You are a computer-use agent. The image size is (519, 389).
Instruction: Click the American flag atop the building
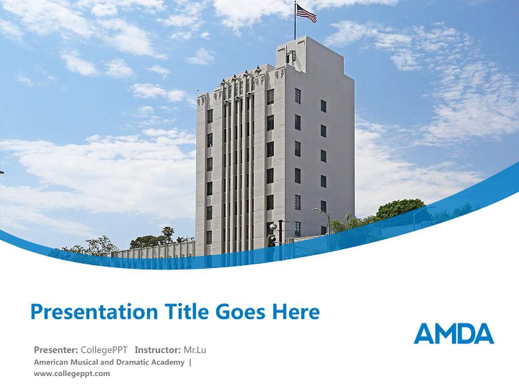click(x=306, y=12)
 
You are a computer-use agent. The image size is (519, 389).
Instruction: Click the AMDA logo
click(x=454, y=334)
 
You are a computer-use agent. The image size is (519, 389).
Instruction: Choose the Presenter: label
click(x=56, y=350)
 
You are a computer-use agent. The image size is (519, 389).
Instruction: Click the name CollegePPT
click(x=105, y=350)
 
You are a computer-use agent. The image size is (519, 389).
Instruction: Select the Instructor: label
click(x=158, y=350)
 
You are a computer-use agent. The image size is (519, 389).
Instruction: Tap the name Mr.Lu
click(x=195, y=350)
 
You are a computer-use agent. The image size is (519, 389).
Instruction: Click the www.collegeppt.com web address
click(x=71, y=373)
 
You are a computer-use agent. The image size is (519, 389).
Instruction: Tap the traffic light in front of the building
click(x=272, y=233)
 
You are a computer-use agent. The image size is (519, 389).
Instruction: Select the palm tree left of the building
click(x=168, y=232)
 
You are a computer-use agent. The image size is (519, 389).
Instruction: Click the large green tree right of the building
click(x=401, y=208)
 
